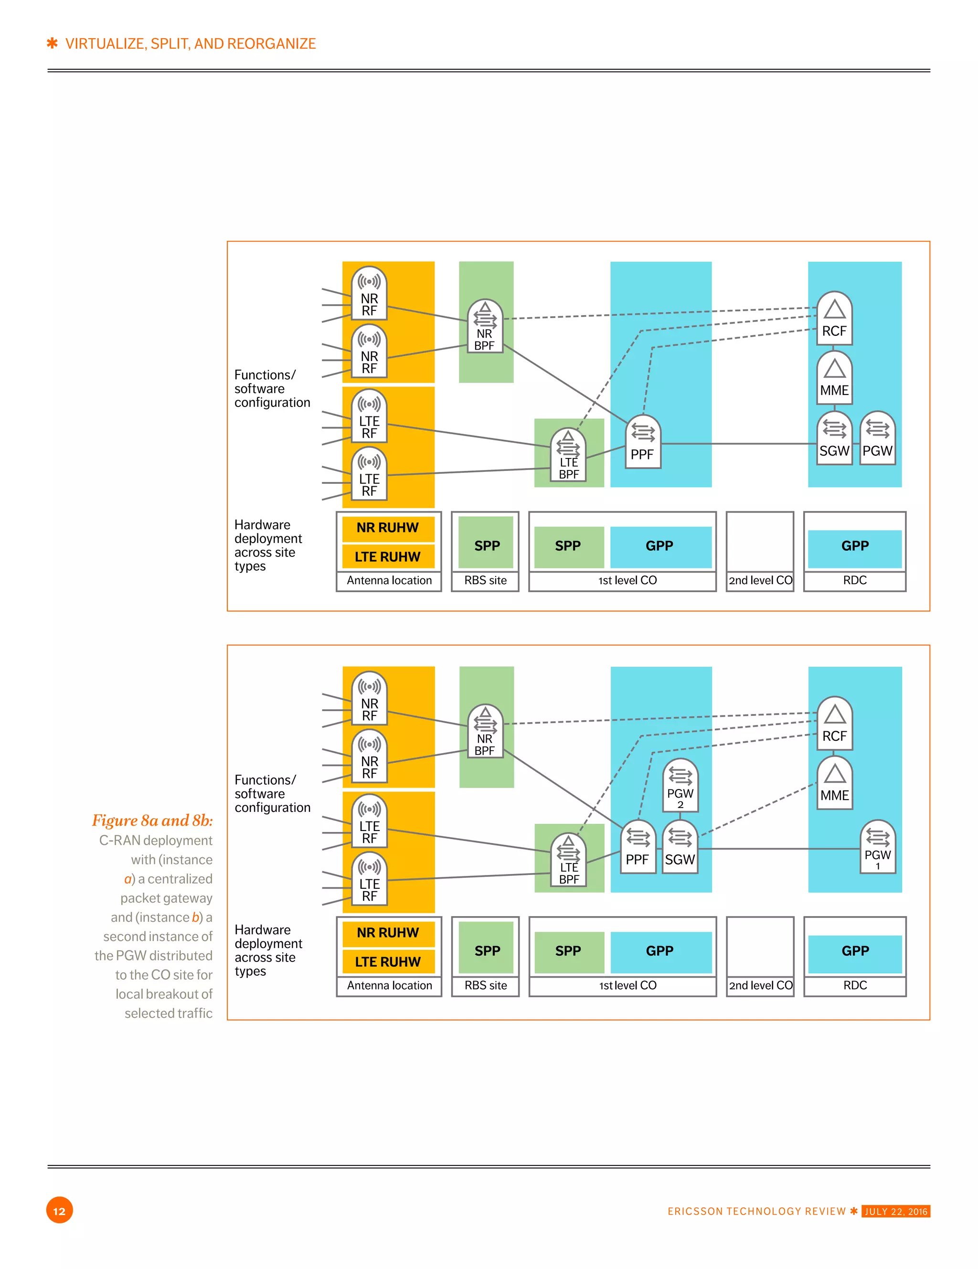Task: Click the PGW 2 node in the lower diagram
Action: pos(680,786)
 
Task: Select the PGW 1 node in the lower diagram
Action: pos(877,847)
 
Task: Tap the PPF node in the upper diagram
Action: pos(643,442)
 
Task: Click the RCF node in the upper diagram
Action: pos(834,319)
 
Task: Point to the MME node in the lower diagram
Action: pos(834,783)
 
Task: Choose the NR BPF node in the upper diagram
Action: pos(485,327)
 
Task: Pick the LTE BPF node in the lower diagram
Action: pos(568,861)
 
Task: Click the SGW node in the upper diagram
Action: pos(834,439)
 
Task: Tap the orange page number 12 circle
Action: pos(59,1210)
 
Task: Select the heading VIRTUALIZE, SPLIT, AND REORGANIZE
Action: pos(190,43)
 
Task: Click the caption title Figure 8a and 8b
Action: pos(152,820)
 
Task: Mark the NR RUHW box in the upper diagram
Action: pos(388,528)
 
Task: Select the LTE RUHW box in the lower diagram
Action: pos(388,961)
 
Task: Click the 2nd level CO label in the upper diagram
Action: pos(760,580)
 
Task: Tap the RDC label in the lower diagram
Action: pos(855,985)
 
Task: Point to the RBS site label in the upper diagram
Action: pos(485,580)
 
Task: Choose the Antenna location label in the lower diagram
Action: pos(389,985)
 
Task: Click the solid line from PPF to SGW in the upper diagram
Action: pos(738,444)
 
